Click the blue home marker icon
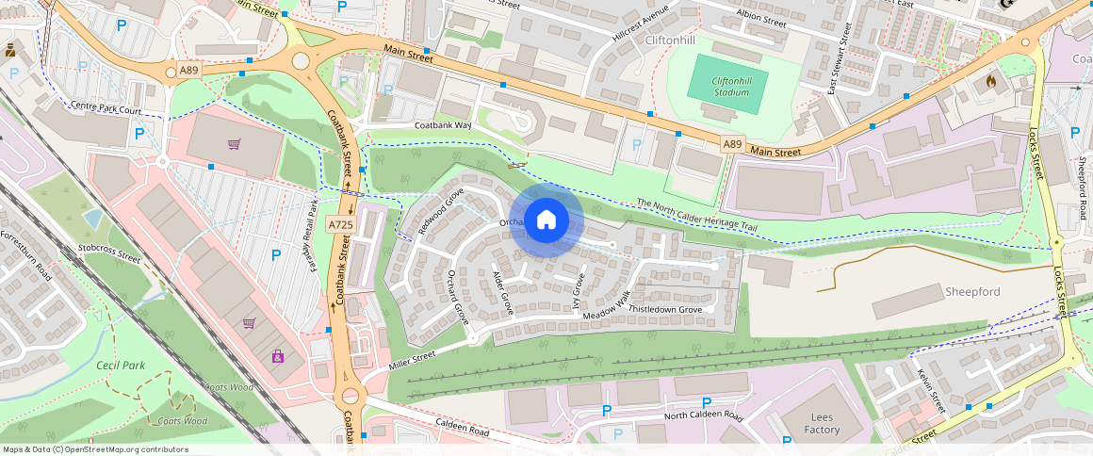[x=546, y=220]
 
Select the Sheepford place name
[x=972, y=292]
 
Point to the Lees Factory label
[x=822, y=423]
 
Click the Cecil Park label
[x=121, y=365]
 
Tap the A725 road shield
[x=340, y=224]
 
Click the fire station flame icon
[x=989, y=83]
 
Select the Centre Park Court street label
[x=106, y=110]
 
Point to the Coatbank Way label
[x=443, y=125]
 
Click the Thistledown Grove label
[x=665, y=309]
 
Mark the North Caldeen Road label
[x=703, y=415]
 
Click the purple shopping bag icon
[x=278, y=356]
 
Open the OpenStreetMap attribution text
[x=94, y=449]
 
